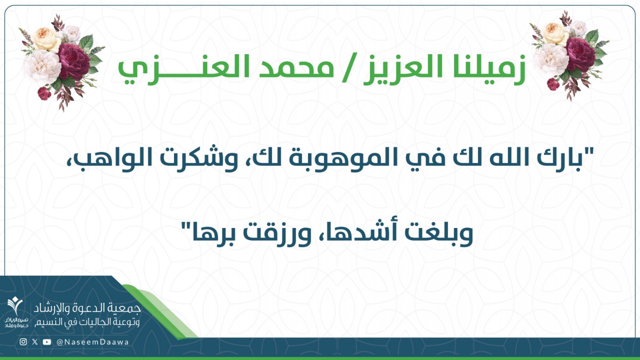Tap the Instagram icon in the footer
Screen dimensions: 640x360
(23, 342)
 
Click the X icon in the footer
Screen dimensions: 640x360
(35, 342)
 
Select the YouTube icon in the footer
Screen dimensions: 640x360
(47, 342)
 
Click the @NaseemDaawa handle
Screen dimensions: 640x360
(92, 342)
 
